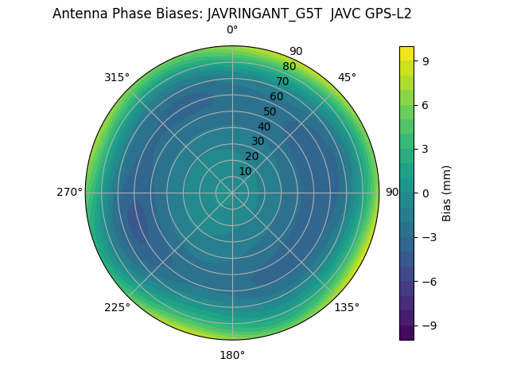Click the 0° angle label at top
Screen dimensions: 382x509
pyautogui.click(x=232, y=30)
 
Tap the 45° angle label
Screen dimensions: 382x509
pyautogui.click(x=347, y=77)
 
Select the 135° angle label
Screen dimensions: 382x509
pyautogui.click(x=347, y=308)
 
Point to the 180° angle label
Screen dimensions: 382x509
pyautogui.click(x=232, y=355)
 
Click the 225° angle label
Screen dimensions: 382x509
pyautogui.click(x=117, y=308)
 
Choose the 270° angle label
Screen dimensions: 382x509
pyautogui.click(x=69, y=193)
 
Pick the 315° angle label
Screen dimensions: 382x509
pyautogui.click(x=117, y=77)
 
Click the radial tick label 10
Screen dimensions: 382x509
pyautogui.click(x=245, y=171)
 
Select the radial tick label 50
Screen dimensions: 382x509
pyautogui.click(x=270, y=112)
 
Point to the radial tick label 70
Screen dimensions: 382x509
pyautogui.click(x=282, y=82)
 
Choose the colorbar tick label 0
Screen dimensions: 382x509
pyautogui.click(x=427, y=193)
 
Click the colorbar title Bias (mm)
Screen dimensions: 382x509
pyautogui.click(x=447, y=193)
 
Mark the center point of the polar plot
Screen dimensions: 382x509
pyautogui.click(x=232, y=193)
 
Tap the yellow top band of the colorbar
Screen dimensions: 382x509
pyautogui.click(x=406, y=53)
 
